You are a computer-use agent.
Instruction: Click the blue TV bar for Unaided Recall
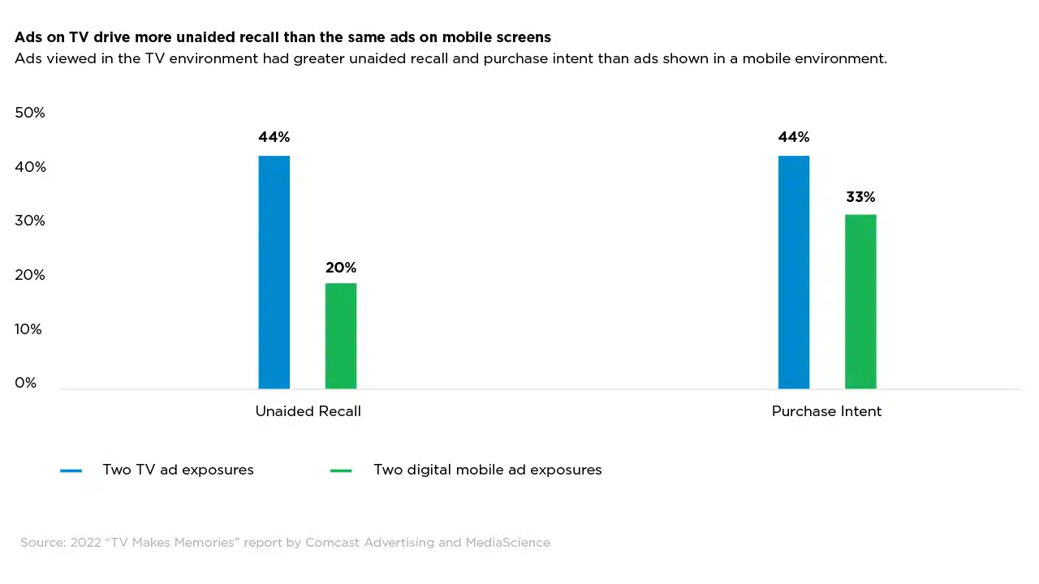tap(274, 272)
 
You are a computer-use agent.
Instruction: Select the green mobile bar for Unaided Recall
tap(341, 336)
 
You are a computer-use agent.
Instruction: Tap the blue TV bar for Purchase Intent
tap(793, 272)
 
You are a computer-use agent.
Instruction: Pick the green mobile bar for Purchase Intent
tap(860, 302)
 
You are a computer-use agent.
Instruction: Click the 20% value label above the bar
tap(341, 268)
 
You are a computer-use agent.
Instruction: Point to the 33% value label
tap(860, 197)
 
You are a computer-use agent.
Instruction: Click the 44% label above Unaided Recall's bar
tap(274, 137)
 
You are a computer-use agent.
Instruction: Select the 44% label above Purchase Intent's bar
tap(793, 137)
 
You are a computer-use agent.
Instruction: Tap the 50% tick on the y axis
tap(30, 113)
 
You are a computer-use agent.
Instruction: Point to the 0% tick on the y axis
tap(26, 383)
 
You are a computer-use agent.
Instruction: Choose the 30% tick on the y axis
tap(30, 221)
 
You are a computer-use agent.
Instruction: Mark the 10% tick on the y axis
tap(28, 329)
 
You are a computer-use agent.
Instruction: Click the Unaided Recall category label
tap(308, 411)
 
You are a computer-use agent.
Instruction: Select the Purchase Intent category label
tap(826, 411)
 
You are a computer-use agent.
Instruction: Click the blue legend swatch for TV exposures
tap(71, 470)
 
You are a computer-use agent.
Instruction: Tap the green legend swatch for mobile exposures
tap(341, 470)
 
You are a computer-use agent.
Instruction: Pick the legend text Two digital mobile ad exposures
tap(487, 470)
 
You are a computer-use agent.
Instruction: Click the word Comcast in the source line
tap(332, 543)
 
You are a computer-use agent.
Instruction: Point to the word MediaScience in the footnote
tap(507, 543)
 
